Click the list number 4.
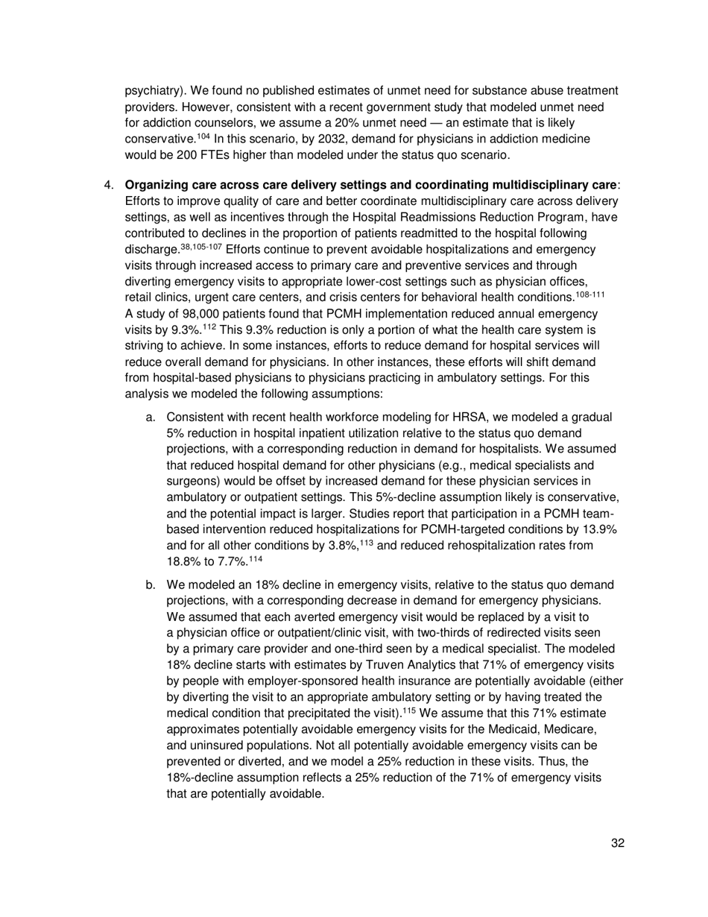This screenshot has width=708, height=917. coord(107,185)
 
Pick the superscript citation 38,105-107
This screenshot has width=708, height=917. coord(200,246)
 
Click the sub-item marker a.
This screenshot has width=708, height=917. coord(151,418)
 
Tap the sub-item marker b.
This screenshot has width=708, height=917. coord(151,585)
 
